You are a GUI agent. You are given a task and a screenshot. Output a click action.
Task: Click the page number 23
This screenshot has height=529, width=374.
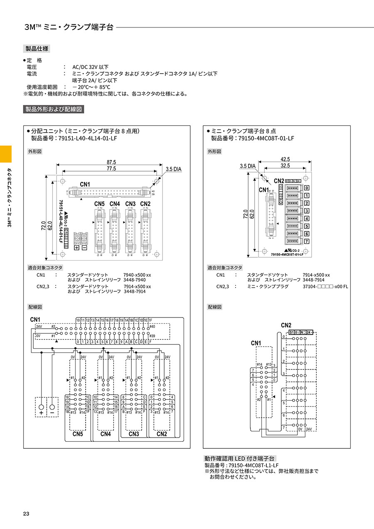point(26,514)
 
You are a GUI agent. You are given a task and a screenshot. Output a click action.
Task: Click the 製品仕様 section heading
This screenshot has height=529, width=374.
point(37,49)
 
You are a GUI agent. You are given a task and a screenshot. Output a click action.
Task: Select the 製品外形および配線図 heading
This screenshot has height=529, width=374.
point(54,109)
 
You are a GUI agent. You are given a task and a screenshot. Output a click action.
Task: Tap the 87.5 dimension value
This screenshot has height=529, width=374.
point(111,162)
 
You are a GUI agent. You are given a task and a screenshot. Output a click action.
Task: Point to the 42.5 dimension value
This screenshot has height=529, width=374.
point(285,159)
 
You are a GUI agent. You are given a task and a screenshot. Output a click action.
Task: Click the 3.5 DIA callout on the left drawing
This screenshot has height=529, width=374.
point(174,169)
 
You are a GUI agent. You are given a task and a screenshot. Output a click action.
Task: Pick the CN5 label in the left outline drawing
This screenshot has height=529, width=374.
point(99,204)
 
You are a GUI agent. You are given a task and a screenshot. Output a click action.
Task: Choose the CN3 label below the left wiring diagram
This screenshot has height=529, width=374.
point(133,434)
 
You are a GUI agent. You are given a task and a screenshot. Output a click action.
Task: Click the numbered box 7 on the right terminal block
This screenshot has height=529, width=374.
point(307,241)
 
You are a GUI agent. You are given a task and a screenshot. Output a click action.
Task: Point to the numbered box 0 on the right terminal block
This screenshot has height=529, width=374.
point(307,188)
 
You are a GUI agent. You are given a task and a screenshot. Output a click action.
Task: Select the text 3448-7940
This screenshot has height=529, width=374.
point(135,280)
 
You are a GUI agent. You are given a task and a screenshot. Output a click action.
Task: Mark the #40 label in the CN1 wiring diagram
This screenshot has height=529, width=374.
point(152,327)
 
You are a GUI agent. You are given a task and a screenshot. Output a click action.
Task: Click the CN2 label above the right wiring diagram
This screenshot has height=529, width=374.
point(286,325)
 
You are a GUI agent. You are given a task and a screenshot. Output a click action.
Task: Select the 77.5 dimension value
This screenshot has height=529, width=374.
point(111,169)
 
